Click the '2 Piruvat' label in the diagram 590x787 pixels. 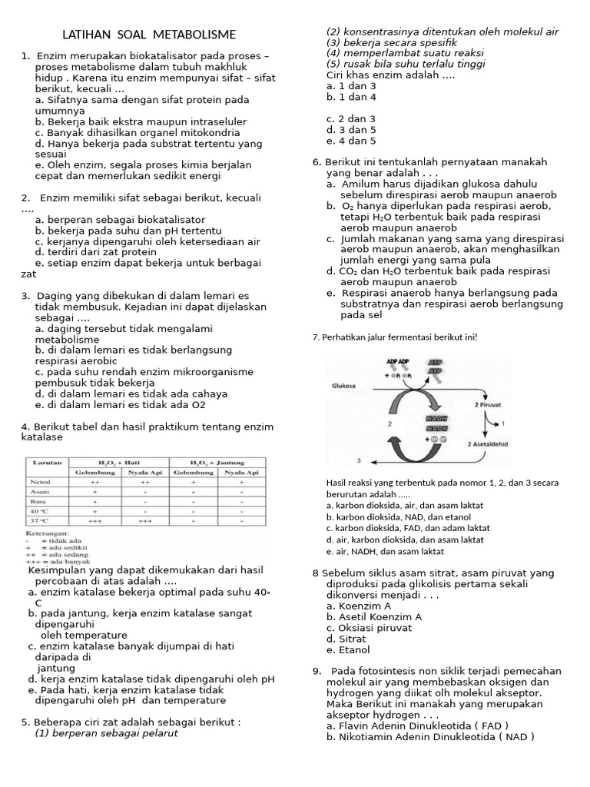tap(489, 403)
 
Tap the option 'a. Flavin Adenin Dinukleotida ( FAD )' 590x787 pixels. tap(417, 725)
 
